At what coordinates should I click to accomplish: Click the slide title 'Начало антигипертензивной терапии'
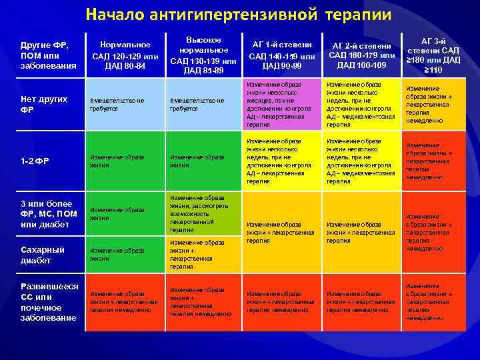239,14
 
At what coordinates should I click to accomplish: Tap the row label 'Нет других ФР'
45,104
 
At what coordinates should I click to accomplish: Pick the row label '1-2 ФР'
37,161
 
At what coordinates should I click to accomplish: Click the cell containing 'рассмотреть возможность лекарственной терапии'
203,213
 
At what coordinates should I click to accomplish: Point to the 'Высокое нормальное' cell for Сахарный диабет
203,254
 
